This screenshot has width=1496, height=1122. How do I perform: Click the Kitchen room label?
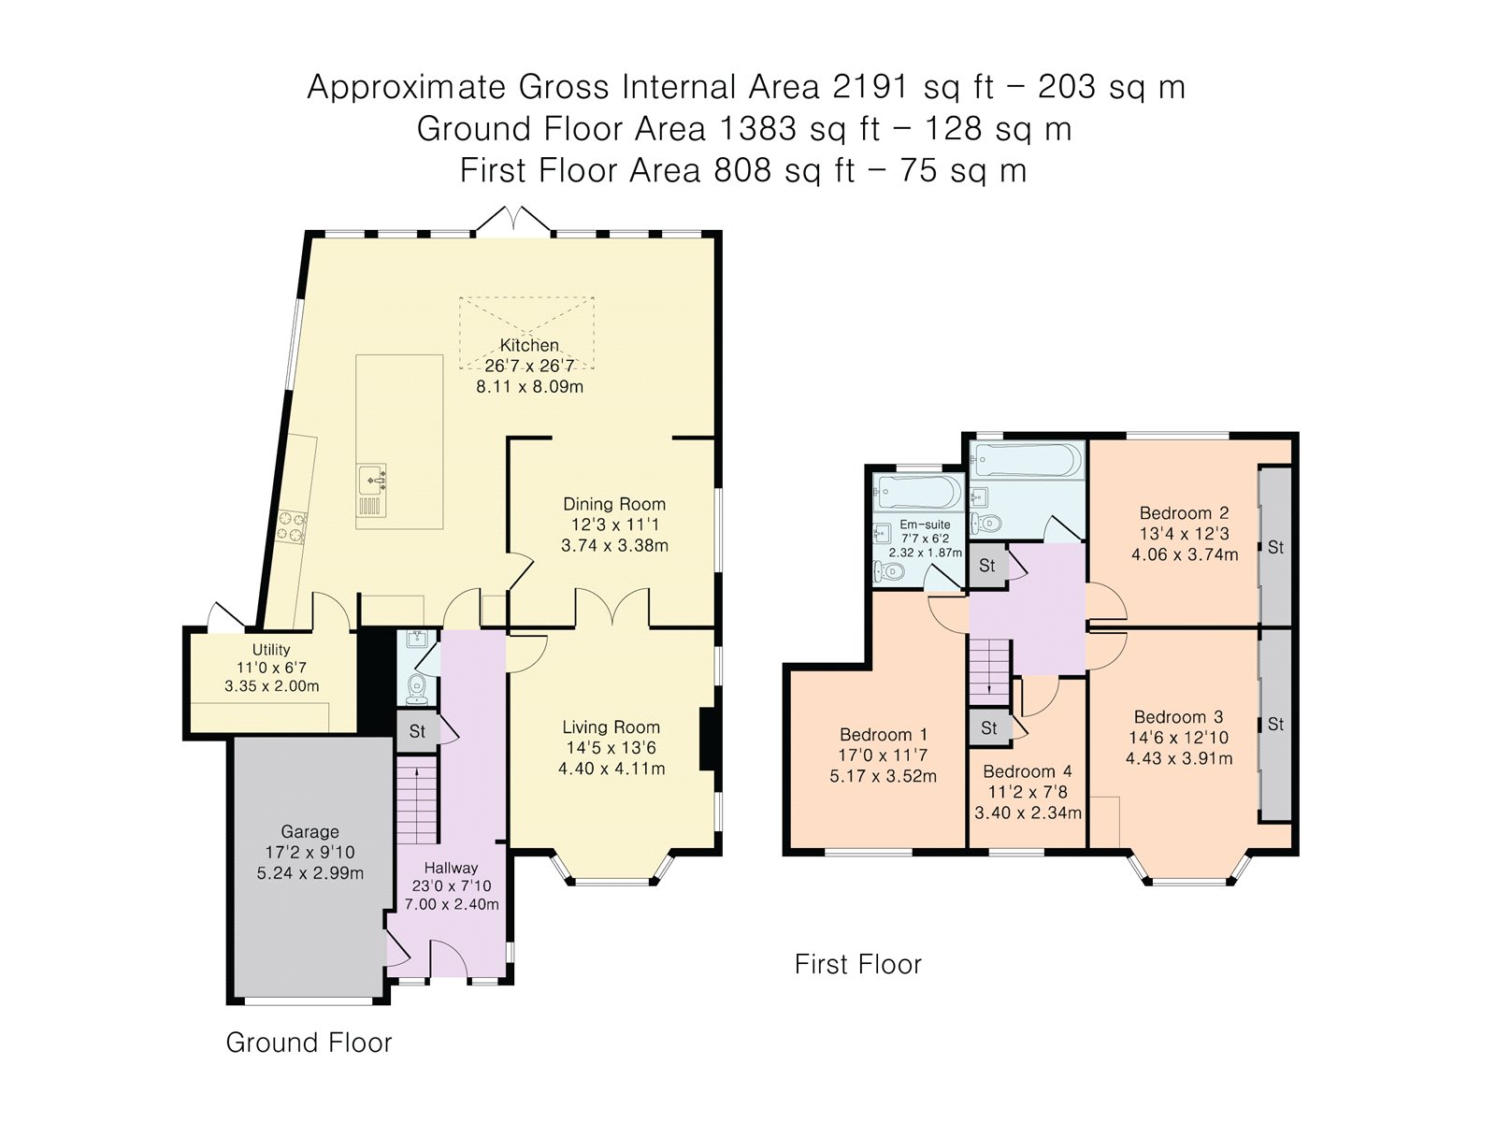pos(529,345)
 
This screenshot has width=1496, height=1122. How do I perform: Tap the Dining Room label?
pos(613,504)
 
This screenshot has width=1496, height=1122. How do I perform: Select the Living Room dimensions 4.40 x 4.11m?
pos(611,769)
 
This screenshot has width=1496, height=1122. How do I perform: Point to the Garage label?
pos(310,832)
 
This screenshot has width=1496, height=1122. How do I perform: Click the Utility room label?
pos(271,649)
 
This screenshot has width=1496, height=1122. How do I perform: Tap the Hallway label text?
pos(451,868)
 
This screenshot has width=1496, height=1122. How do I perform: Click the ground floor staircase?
pos(417,804)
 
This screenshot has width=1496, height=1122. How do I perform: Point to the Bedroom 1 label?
pos(884,734)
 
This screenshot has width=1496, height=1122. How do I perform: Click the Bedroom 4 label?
pos(1027,771)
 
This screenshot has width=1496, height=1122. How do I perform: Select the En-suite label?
pos(925,525)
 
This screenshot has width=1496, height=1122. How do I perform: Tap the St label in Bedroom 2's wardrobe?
pos(1275,547)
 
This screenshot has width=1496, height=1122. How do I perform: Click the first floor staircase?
pos(989,672)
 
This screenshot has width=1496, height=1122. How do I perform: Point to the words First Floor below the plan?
pos(858,964)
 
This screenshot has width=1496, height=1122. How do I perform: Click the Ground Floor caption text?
pos(309,1043)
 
